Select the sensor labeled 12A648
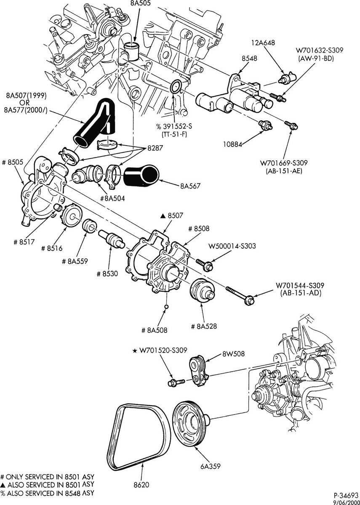coord(288,77)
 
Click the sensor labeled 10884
coord(266,124)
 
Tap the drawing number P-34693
coord(347,495)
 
